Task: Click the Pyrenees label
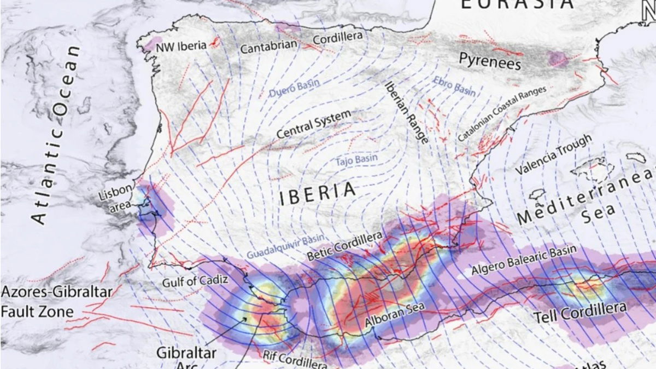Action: click(489, 61)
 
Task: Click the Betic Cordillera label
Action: click(344, 246)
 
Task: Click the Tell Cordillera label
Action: click(579, 313)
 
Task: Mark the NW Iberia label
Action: click(181, 46)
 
